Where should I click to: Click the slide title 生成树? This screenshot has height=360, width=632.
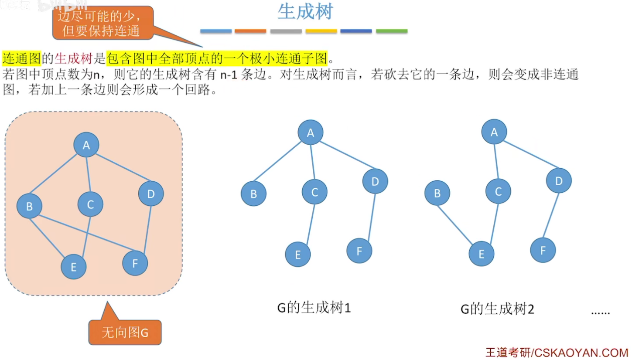[305, 12]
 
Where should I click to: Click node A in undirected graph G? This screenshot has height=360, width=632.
[86, 145]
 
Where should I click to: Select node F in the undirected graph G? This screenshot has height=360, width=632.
[135, 263]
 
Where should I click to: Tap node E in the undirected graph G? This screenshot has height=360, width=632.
[73, 266]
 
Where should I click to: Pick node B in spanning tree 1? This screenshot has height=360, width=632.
[253, 194]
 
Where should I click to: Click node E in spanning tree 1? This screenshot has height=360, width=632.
[298, 254]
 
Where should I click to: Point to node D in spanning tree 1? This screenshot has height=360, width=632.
[375, 180]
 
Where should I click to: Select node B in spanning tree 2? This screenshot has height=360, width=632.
[437, 193]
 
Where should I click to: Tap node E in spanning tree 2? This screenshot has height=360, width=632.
[482, 253]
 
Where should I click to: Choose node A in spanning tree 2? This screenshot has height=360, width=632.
[494, 132]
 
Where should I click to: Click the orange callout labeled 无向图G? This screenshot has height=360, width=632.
[125, 333]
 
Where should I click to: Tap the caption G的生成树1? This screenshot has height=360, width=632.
[314, 308]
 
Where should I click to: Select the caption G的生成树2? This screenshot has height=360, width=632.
[497, 309]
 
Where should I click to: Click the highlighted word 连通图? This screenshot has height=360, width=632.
[22, 58]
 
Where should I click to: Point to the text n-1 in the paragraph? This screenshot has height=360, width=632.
[229, 75]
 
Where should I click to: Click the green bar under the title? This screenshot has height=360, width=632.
[391, 31]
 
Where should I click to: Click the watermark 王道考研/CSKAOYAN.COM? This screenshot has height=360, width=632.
[557, 351]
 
